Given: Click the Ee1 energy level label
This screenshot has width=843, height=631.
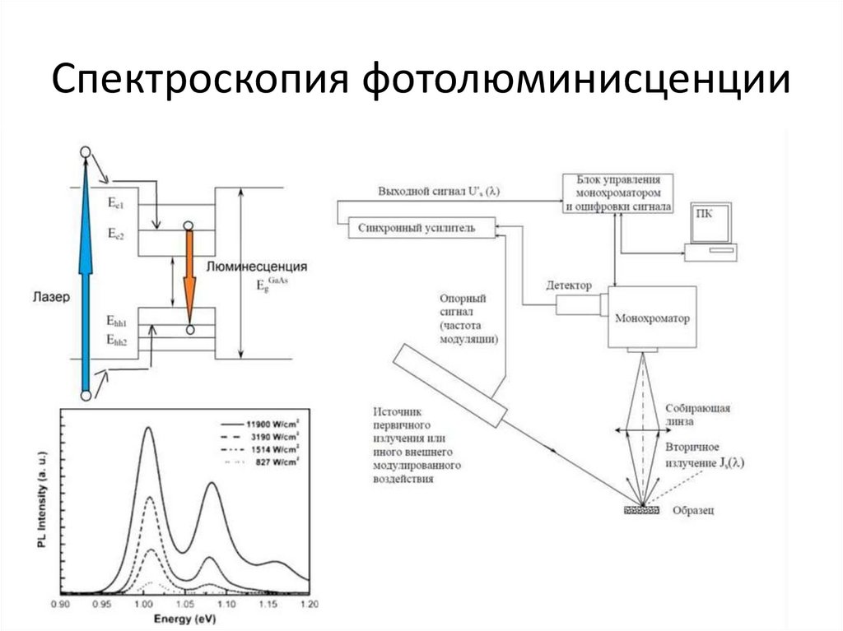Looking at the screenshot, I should (x=116, y=201).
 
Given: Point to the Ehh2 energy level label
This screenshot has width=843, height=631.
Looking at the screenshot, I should (x=116, y=339).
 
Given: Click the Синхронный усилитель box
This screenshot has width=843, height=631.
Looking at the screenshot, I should (x=422, y=227).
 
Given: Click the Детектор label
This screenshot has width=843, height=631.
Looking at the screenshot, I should (x=568, y=285).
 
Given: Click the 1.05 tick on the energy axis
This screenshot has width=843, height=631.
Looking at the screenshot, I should (x=185, y=605).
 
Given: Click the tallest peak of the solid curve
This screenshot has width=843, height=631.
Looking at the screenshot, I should (x=148, y=428).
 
